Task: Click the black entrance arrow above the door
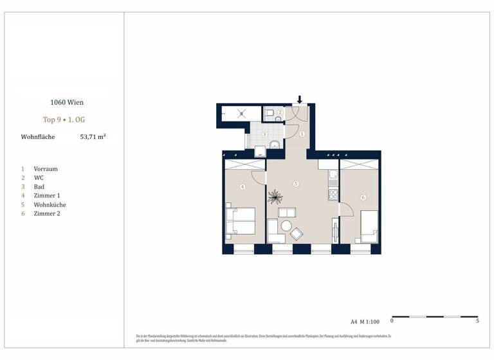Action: (x=300, y=100)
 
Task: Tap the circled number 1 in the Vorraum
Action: (x=302, y=134)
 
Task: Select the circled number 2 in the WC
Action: (x=280, y=112)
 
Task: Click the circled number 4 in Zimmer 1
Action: (x=242, y=187)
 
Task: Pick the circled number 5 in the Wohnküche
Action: (x=296, y=184)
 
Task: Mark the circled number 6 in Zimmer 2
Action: (x=363, y=197)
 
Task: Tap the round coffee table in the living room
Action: (x=285, y=226)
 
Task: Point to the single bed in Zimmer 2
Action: (x=369, y=226)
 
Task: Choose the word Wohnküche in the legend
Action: (x=50, y=204)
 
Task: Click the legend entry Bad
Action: (x=39, y=186)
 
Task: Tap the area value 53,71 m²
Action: (x=93, y=137)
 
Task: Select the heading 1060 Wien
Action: (x=67, y=102)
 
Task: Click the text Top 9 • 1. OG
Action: (x=67, y=120)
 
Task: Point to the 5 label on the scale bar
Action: (x=477, y=320)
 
